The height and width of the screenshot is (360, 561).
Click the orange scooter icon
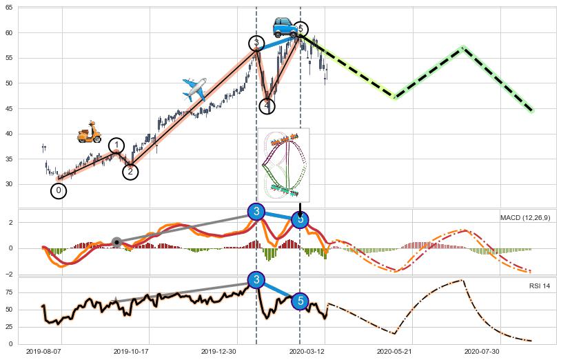point(89,132)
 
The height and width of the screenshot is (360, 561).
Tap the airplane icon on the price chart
point(194,89)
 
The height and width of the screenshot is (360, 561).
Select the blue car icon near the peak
point(284,27)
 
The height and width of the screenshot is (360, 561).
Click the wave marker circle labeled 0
point(59,191)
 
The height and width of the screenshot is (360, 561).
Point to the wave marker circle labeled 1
point(117,146)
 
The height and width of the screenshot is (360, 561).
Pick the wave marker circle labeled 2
point(130,172)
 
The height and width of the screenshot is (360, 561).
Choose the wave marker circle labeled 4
point(267,106)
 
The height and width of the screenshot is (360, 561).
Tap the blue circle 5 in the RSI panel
point(300,301)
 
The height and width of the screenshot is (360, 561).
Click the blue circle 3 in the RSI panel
point(256,279)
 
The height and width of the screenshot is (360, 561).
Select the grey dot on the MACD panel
point(116,242)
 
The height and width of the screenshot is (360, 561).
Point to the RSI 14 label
point(539,286)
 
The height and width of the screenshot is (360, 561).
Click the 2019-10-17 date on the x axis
point(131,351)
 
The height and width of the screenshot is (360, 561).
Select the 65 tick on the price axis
point(10,8)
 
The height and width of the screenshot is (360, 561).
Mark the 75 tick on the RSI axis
point(10,292)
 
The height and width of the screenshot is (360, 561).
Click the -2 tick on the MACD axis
point(10,274)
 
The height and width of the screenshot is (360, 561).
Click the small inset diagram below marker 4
point(283,163)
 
